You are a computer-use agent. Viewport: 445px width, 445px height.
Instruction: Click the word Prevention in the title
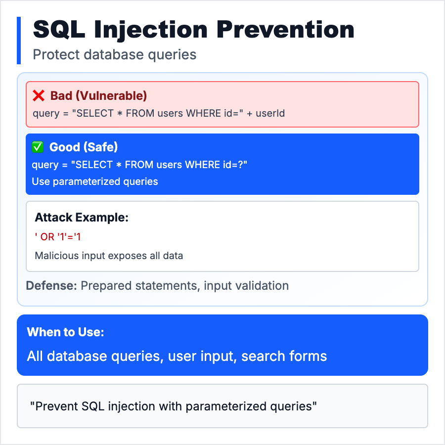[285, 29]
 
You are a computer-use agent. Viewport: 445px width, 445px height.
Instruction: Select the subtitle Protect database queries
[115, 54]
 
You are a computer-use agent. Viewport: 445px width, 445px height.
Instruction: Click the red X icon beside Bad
[39, 95]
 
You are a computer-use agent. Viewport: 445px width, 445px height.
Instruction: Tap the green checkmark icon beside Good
[38, 147]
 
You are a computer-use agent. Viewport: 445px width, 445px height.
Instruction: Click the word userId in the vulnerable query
[270, 113]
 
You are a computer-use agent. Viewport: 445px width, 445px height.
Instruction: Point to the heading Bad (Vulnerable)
[98, 96]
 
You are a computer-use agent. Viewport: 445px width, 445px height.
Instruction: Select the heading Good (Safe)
[84, 147]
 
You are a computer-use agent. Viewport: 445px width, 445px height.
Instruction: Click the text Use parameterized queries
[95, 181]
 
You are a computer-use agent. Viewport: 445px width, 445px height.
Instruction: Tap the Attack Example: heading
[82, 218]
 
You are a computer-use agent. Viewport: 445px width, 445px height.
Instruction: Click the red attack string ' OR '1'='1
[58, 237]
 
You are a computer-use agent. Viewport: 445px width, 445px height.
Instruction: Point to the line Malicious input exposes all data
[109, 256]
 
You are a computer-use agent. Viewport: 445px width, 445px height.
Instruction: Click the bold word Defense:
[51, 286]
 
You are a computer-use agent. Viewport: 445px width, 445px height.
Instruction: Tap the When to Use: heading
[66, 332]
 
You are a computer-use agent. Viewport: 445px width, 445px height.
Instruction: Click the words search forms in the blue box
[284, 356]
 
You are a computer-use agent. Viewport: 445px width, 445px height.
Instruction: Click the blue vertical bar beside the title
[19, 41]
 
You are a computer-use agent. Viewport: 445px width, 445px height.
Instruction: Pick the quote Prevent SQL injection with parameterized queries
[174, 406]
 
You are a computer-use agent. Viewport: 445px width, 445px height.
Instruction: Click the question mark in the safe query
[241, 165]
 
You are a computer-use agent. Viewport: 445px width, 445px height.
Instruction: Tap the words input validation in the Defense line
[246, 286]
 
